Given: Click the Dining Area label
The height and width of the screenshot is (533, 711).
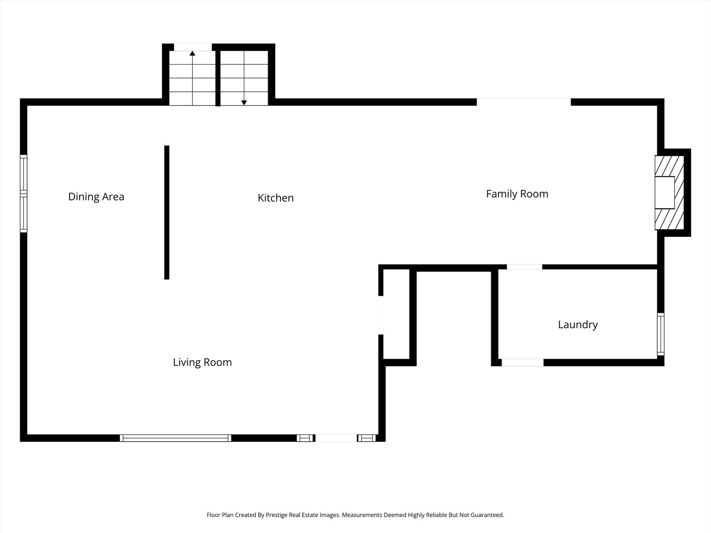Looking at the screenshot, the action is [96, 196].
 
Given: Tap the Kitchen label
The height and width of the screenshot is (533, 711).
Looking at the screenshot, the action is [276, 198].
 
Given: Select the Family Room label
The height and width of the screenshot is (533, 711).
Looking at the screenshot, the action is [517, 194].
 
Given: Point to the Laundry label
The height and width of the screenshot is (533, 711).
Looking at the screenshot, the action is [578, 325].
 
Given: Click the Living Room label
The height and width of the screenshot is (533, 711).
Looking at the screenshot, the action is [202, 362].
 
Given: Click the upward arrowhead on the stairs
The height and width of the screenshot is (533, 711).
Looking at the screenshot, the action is [193, 53].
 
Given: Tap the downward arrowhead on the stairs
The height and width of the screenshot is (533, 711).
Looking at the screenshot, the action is [244, 103].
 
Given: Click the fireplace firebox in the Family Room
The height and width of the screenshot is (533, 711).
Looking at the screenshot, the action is [665, 192].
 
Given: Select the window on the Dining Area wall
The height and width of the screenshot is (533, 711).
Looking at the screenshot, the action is [24, 193].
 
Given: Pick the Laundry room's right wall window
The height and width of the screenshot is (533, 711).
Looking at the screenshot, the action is [661, 334].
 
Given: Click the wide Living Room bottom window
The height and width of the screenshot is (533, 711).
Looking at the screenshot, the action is [176, 438].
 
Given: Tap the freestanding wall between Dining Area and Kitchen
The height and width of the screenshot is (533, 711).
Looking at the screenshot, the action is [167, 212].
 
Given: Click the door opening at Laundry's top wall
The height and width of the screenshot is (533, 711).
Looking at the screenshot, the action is [524, 267].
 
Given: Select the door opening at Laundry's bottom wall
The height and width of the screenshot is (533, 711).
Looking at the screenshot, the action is [522, 362].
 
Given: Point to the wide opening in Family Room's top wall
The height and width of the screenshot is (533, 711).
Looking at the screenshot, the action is [524, 102].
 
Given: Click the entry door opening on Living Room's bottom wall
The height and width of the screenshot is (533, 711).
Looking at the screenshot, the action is [336, 438].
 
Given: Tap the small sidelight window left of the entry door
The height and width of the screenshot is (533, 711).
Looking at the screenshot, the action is [305, 438].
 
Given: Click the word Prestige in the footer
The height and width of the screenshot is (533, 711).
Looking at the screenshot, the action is [276, 515].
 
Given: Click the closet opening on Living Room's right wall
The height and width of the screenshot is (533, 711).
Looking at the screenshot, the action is [381, 315].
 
